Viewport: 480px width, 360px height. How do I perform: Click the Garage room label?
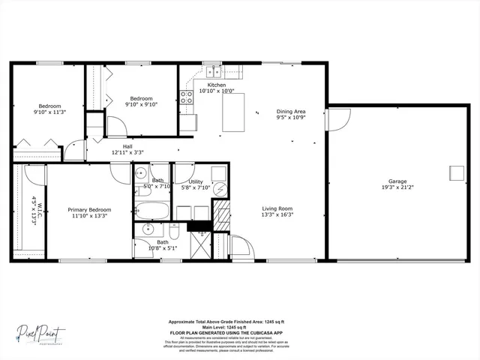[x=397, y=181]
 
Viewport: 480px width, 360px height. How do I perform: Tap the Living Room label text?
[x=277, y=208]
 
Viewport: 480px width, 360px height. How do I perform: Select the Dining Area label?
[x=290, y=112]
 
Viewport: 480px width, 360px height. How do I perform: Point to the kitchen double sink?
[x=214, y=72]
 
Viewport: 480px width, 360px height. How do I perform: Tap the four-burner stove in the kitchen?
[x=185, y=96]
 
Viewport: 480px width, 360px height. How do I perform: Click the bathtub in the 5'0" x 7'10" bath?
[x=150, y=207]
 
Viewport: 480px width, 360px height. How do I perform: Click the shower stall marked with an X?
[x=201, y=245]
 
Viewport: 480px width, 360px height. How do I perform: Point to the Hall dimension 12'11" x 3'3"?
[x=127, y=152]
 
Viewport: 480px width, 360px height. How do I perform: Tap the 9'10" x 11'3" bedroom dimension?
[x=49, y=112]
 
